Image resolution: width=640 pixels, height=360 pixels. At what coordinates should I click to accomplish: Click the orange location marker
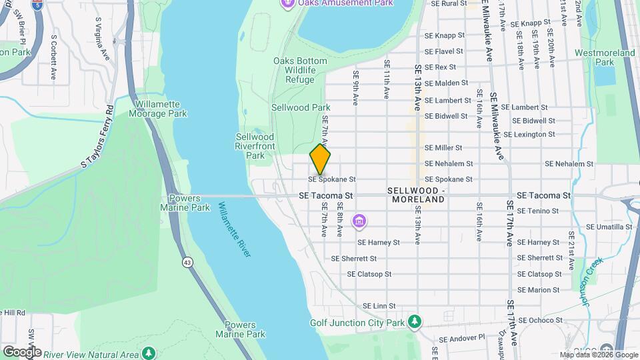tap(320, 159)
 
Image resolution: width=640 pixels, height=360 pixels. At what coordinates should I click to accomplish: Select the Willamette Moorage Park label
tap(161, 109)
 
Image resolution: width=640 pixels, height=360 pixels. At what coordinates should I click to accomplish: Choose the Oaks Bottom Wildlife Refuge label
tap(301, 70)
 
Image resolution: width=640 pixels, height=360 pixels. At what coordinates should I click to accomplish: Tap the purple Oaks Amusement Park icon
tap(287, 3)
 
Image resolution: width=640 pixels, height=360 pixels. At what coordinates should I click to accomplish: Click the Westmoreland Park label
tap(604, 57)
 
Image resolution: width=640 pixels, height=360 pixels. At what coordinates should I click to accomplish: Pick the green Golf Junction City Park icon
tap(415, 323)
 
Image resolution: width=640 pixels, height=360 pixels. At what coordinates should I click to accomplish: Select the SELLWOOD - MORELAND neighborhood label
tap(417, 195)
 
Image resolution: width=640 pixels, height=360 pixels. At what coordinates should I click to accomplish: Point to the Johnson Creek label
tap(585, 281)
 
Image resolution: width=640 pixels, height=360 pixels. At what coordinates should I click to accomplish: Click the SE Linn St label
tap(379, 306)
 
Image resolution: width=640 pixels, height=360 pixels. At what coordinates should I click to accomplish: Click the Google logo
tap(21, 352)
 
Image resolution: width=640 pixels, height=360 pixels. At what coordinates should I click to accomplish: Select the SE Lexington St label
tap(529, 134)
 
